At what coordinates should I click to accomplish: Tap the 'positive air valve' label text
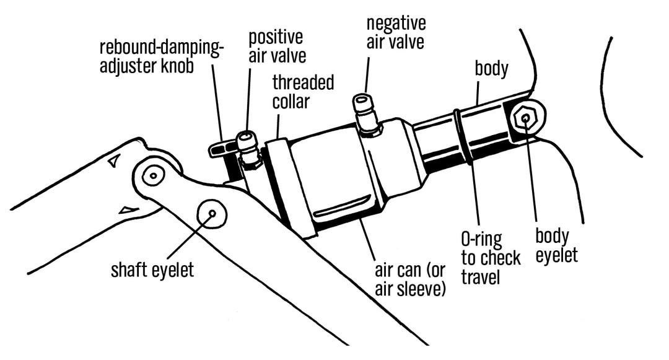tap(278, 46)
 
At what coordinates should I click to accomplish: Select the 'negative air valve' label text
tap(396, 33)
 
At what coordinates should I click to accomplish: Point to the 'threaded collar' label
tap(303, 91)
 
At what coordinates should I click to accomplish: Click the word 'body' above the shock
tap(491, 68)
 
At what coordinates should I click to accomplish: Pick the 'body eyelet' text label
tap(556, 245)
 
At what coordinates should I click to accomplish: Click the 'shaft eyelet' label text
tap(152, 270)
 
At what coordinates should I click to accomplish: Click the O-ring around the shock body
tap(463, 137)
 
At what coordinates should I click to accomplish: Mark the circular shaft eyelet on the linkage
tap(211, 214)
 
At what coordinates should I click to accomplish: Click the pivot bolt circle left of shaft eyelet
tap(152, 176)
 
